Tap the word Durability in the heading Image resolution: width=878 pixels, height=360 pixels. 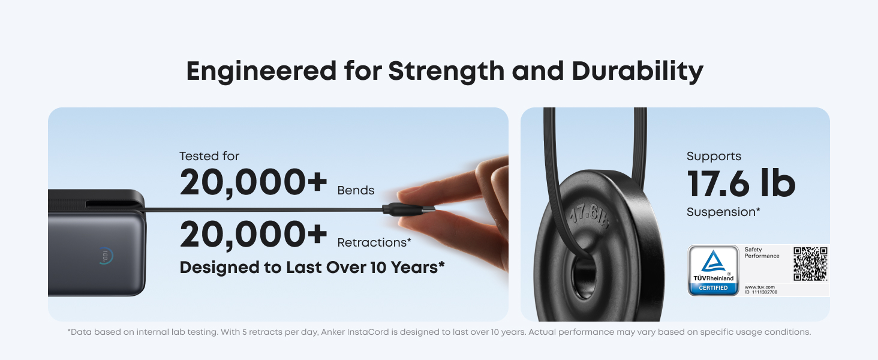tap(637, 71)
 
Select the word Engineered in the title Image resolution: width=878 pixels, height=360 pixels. tap(261, 71)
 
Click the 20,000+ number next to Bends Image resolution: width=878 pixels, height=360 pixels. tap(254, 182)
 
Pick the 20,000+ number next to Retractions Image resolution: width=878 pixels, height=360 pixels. tap(254, 235)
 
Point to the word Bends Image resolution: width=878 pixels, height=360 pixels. tap(356, 191)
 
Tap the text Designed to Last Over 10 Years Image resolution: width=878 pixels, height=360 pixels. tap(312, 268)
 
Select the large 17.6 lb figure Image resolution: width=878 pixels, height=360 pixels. tap(741, 184)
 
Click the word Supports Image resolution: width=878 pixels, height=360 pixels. tap(714, 157)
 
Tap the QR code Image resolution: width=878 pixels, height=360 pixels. tap(810, 264)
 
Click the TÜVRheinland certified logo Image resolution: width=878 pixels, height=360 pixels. tap(713, 270)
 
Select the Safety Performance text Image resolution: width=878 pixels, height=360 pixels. tap(762, 253)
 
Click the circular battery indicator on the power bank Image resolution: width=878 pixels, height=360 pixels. tap(105, 256)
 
